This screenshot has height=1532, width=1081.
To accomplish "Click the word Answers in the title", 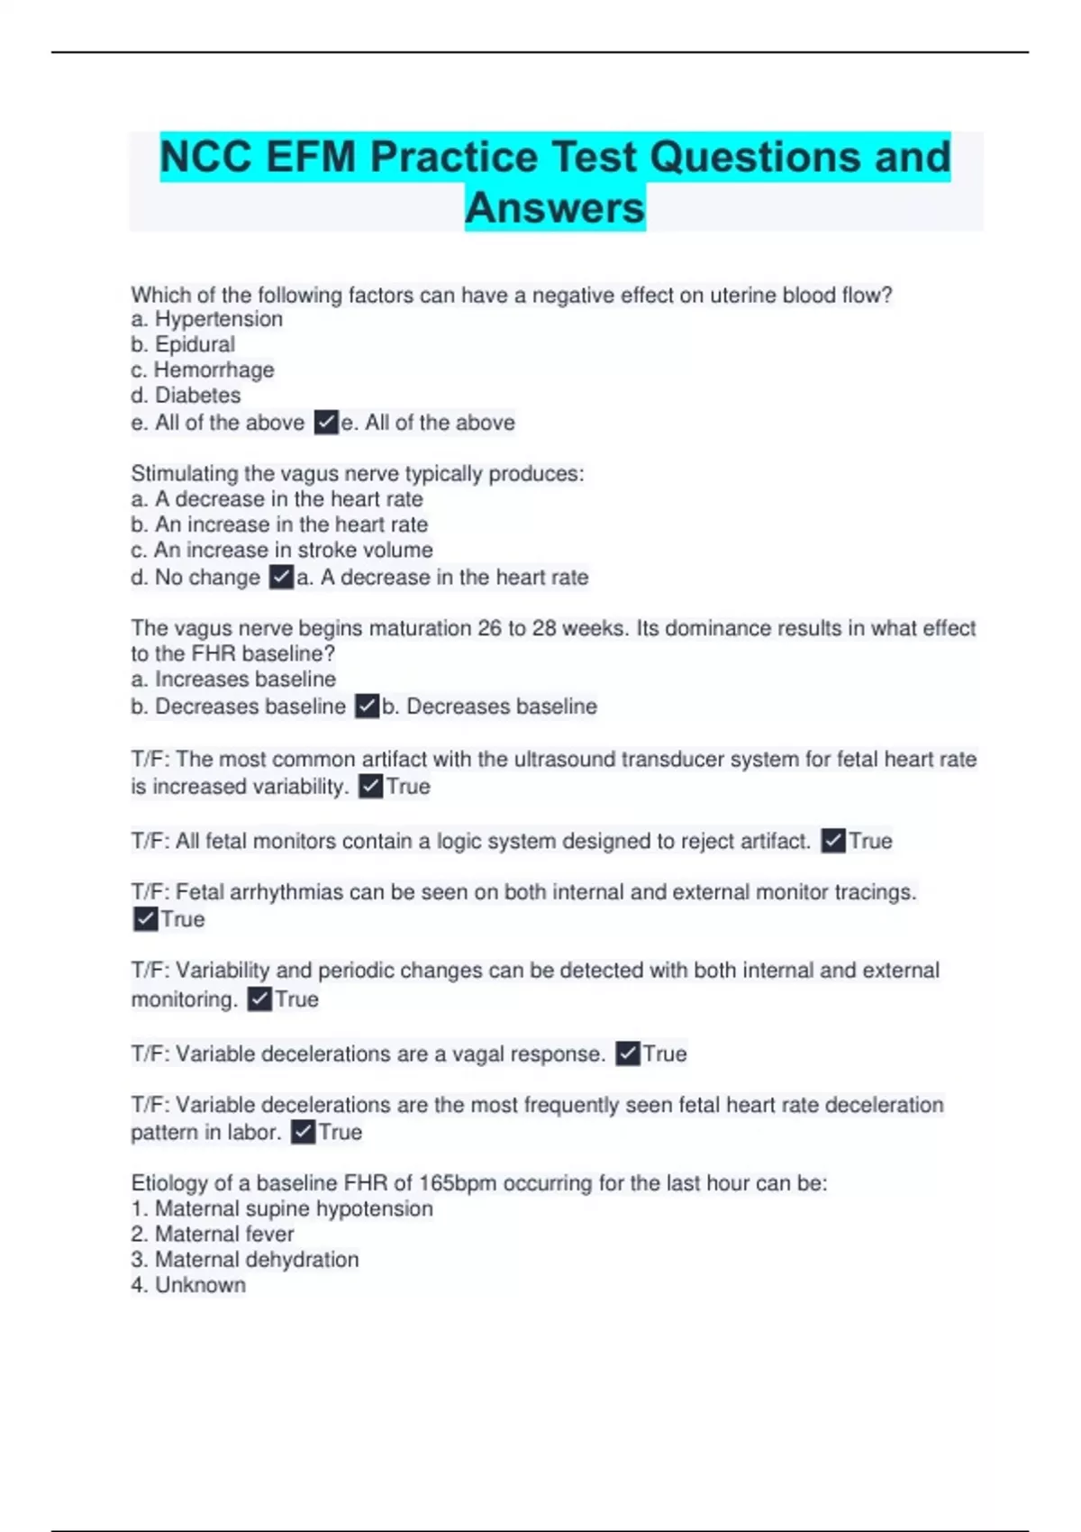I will coord(555,208).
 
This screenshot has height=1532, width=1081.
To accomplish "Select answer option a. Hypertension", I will coord(207,319).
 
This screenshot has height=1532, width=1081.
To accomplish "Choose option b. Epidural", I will coord(183,344).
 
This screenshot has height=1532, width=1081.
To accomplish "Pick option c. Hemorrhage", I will coord(203,369).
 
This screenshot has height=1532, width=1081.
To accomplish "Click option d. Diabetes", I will coord(186,395).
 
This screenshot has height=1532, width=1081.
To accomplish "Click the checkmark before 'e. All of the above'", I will coord(326,422).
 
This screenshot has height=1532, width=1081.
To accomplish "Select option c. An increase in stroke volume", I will coord(282,550).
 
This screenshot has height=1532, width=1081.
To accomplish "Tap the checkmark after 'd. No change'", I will coord(282,577).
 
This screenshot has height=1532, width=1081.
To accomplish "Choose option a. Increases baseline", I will coord(233,679).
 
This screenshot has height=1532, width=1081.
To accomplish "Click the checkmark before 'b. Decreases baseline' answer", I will coord(367,706).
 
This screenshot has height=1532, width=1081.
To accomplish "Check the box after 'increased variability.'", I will coord(370,787).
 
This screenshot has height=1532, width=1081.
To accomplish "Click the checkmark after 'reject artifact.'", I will coord(833,841).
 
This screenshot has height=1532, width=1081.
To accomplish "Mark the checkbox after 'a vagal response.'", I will coord(628,1053).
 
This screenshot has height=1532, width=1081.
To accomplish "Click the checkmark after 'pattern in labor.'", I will coord(304,1132).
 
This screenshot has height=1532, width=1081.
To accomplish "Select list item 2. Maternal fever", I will coord(213,1234).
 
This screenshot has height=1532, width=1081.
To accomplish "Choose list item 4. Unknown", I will coord(188,1285).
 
